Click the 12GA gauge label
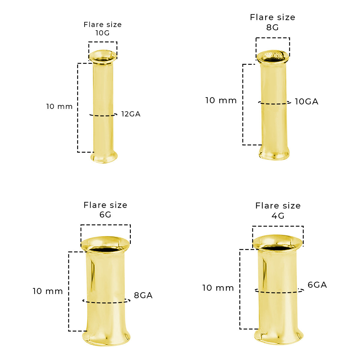131,114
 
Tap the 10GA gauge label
306,102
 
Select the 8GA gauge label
143,295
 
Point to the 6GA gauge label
317,285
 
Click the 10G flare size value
102,33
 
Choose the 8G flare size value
272,28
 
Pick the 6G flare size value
105,215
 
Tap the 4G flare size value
278,216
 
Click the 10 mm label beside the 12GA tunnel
59,106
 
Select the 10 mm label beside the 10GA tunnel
221,100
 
